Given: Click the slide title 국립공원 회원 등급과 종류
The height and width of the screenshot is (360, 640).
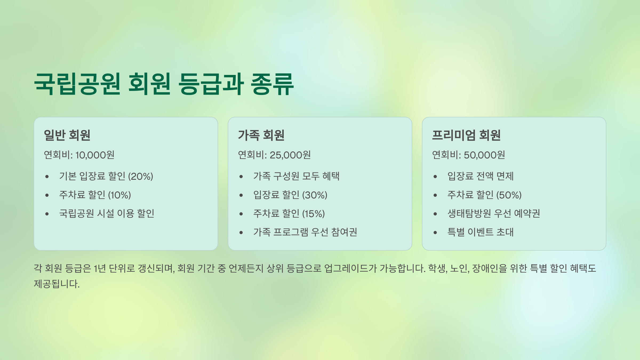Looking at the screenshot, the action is [x=164, y=84].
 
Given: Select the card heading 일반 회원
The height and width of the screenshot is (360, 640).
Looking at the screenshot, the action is [x=67, y=135].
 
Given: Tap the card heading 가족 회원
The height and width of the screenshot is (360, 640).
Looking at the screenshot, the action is [x=261, y=135].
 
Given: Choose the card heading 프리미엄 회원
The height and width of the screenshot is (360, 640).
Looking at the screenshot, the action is [x=466, y=135].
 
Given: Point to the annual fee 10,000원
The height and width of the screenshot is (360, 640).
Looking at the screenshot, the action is [x=95, y=155].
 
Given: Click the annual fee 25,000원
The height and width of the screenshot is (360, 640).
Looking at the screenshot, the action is [x=290, y=155].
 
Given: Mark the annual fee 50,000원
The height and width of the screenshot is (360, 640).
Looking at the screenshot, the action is [x=485, y=155].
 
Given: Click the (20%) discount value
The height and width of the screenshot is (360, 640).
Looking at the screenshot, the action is [x=141, y=176].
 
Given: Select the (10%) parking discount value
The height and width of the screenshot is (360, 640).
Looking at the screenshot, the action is [x=119, y=195].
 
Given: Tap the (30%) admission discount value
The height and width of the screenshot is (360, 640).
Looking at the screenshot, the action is [x=315, y=195].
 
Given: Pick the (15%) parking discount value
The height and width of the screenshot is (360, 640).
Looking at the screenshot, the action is [x=313, y=214].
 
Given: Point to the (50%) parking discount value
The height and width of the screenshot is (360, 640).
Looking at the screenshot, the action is [x=509, y=195].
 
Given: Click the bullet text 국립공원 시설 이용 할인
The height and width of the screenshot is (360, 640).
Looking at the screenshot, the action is [x=107, y=213].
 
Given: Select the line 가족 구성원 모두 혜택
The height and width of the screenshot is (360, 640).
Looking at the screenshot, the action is [x=296, y=176].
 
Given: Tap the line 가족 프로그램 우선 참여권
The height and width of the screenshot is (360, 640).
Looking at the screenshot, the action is [x=305, y=232].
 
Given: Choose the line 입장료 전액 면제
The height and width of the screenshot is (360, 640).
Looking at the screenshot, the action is [x=481, y=176].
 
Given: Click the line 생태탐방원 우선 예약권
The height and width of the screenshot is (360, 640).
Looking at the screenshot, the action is [x=494, y=213].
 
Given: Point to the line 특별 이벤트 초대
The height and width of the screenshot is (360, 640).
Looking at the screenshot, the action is [x=481, y=232].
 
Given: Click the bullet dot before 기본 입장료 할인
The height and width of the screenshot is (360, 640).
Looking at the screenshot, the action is [x=47, y=177].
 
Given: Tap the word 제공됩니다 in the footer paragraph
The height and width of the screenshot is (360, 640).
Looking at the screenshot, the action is [x=57, y=284].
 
